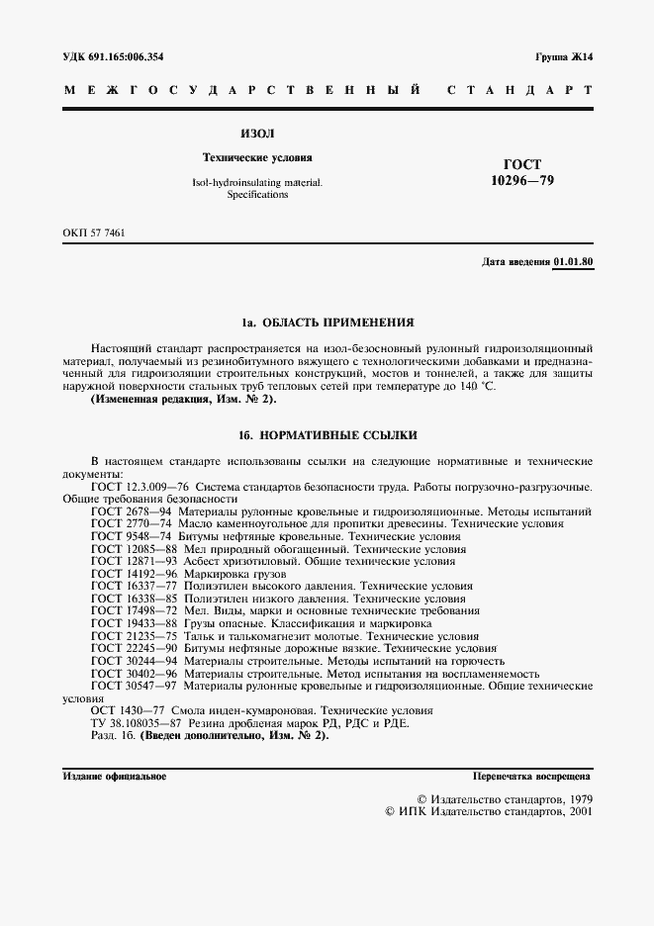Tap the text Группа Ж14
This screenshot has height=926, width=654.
(x=564, y=56)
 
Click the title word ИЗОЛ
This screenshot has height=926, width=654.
(x=257, y=133)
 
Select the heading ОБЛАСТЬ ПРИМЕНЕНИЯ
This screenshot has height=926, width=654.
(x=338, y=323)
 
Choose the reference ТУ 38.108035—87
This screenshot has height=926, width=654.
(x=138, y=723)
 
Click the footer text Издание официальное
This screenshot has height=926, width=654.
(x=114, y=777)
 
